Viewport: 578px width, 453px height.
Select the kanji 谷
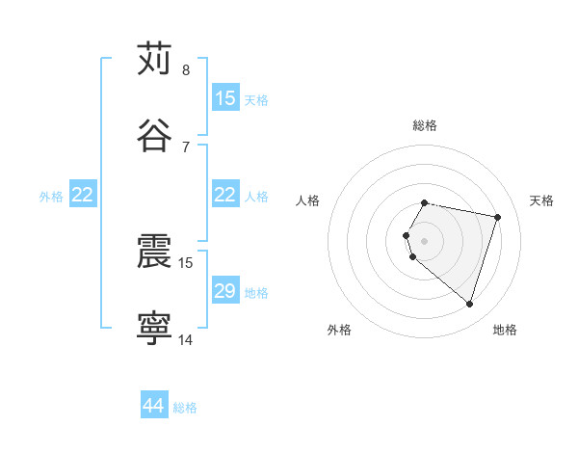pos(154,135)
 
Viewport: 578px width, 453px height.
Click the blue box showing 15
pos(225,97)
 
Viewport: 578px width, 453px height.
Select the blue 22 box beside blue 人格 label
pos(225,195)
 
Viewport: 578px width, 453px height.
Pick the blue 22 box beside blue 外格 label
pos(83,195)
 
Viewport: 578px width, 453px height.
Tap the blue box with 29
pos(225,291)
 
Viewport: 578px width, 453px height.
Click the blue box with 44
pos(154,406)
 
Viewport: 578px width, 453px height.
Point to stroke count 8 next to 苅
pos(185,70)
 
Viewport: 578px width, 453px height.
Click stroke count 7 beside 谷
pos(185,147)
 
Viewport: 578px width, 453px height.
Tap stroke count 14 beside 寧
pos(186,340)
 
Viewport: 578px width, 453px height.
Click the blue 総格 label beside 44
pos(185,408)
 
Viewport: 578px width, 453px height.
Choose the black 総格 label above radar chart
pos(425,125)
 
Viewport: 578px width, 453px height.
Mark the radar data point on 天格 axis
pos(497,217)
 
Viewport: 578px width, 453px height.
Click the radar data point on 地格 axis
pos(469,305)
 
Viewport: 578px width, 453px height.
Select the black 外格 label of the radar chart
pos(339,330)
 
